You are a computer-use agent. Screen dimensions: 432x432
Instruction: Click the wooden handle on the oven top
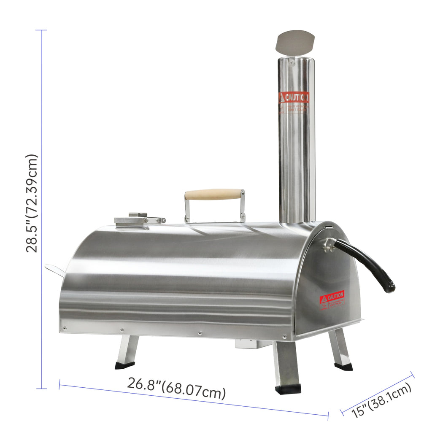214,194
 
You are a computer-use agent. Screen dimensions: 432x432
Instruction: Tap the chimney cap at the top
295,42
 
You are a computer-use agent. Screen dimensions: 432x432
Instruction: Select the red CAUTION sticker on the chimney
294,98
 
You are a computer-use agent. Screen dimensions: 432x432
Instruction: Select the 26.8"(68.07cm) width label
176,389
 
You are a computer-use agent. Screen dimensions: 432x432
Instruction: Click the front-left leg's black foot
125,365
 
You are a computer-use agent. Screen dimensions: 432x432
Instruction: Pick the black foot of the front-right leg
288,389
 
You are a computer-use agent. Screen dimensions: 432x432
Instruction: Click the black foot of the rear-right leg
343,366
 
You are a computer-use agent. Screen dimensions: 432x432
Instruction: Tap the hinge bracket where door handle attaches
329,244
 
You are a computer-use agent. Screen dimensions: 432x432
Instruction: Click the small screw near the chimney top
292,62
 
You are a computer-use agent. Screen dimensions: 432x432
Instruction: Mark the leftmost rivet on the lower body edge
65,327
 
